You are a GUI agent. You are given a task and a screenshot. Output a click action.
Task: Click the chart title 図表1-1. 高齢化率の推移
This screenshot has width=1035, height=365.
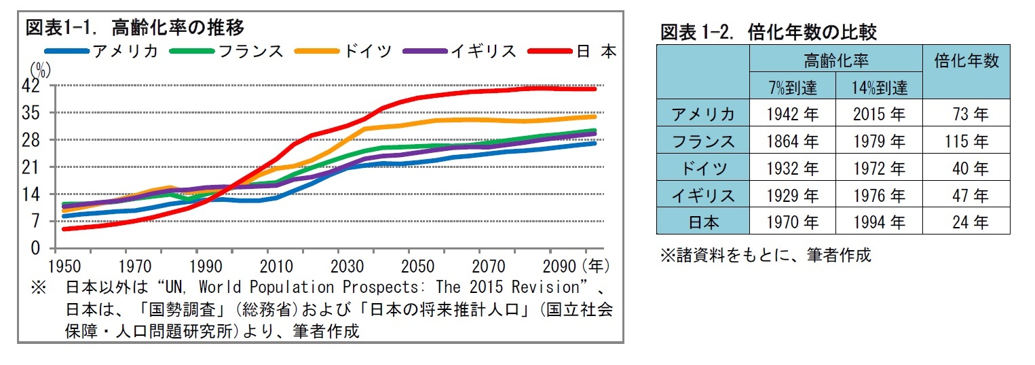134,28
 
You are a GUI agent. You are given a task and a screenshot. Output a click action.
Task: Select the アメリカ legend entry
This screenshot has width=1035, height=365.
102,51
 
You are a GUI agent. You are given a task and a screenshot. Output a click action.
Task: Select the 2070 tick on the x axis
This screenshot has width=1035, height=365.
489,264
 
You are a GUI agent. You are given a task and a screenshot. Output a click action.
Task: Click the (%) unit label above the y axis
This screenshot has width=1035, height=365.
40,69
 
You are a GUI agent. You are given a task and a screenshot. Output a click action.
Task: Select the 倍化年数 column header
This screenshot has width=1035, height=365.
966,61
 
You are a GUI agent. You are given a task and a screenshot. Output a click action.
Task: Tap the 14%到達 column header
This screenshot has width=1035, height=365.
879,88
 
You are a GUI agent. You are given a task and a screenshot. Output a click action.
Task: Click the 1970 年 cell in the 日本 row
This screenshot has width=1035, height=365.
792,222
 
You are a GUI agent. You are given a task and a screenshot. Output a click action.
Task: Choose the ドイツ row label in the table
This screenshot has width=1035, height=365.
702,169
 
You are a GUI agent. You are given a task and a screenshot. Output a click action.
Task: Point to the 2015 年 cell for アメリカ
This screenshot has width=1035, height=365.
879,114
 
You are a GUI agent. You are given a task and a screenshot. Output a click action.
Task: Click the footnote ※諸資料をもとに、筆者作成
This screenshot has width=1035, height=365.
766,256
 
